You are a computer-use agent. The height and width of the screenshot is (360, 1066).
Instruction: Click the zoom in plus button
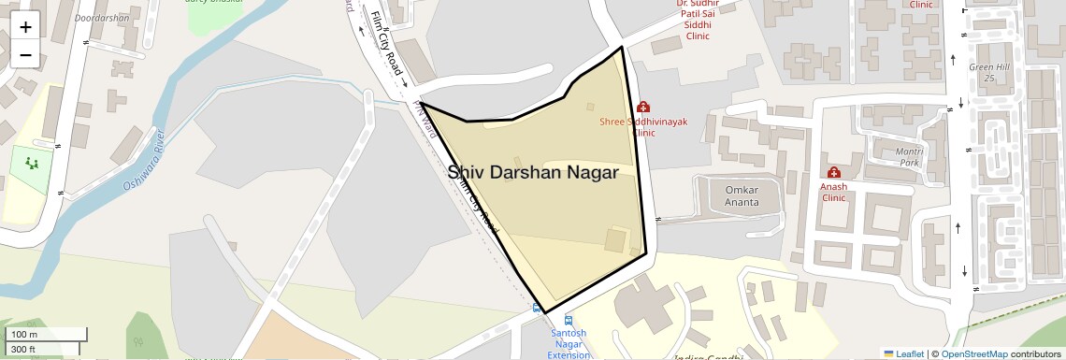25,27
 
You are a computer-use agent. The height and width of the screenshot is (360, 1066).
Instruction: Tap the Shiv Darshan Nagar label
532,173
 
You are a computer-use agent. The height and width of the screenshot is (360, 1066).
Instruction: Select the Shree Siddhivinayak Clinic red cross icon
643,108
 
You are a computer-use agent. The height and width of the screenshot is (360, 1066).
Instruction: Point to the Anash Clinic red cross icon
833,173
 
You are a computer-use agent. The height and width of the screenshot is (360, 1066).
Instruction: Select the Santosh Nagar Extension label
569,342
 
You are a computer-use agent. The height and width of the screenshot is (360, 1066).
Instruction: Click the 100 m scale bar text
24,335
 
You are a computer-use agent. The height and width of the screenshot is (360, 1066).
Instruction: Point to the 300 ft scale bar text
23,349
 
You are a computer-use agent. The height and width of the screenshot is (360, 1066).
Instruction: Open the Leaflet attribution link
903,353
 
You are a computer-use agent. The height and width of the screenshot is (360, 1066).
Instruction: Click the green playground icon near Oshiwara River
34,164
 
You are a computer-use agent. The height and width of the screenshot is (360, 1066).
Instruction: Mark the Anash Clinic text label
833,192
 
